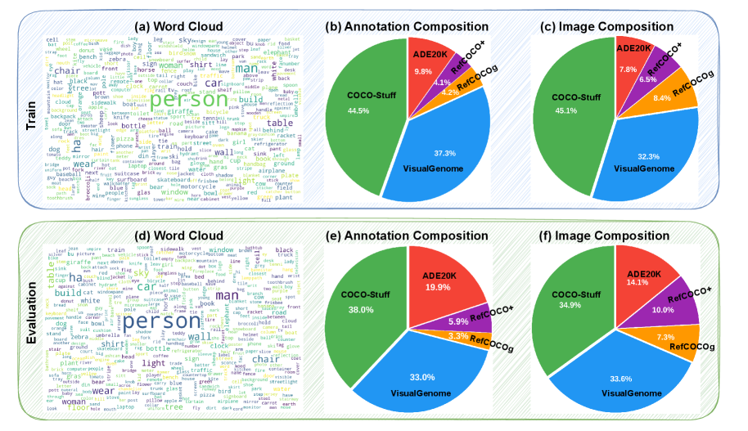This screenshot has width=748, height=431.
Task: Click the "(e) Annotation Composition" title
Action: click(x=405, y=235)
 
